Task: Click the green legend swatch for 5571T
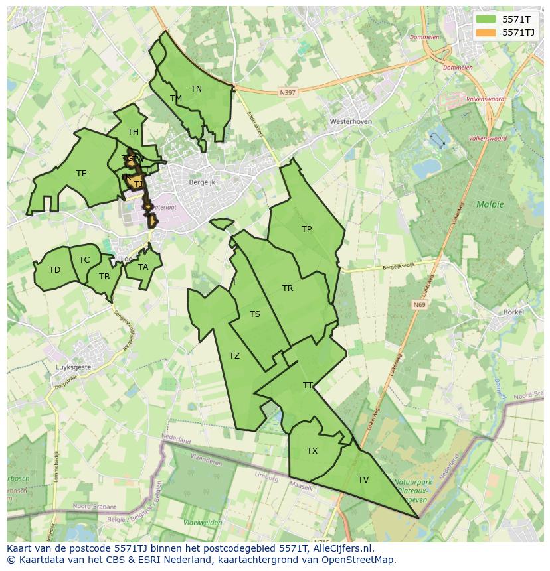(x=486, y=19)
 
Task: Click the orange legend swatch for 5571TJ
(x=486, y=32)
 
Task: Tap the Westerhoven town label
(x=351, y=122)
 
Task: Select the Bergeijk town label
(x=203, y=182)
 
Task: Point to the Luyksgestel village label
(x=74, y=367)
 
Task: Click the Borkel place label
(x=514, y=312)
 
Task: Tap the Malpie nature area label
(x=490, y=204)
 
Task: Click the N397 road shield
(x=288, y=93)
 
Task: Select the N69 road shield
(x=418, y=305)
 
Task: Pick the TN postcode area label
(x=196, y=88)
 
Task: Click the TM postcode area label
(x=176, y=99)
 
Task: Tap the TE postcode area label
(x=81, y=174)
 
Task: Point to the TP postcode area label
(x=306, y=229)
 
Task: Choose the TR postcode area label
(x=288, y=288)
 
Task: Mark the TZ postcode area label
(x=234, y=356)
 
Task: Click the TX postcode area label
(x=312, y=451)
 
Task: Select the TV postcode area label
(x=363, y=479)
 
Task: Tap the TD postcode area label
(x=54, y=270)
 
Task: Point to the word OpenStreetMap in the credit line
(x=359, y=560)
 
